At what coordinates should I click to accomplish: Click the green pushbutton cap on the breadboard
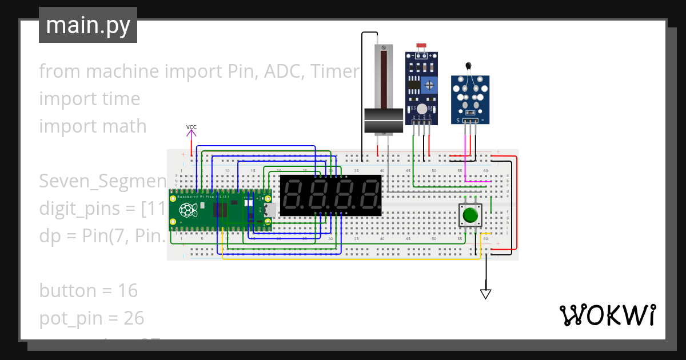(470, 215)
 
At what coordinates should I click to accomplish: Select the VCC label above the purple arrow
(192, 127)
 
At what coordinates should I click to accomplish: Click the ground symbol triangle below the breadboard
(486, 294)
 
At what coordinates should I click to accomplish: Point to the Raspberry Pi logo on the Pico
(187, 210)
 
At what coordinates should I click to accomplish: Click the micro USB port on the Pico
(270, 210)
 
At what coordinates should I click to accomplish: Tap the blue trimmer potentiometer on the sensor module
(429, 85)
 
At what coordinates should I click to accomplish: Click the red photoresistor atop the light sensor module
(422, 46)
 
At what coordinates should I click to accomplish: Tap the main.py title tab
(88, 25)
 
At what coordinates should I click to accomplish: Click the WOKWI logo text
(607, 315)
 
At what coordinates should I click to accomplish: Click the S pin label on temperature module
(457, 121)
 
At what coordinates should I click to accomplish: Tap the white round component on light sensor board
(422, 109)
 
